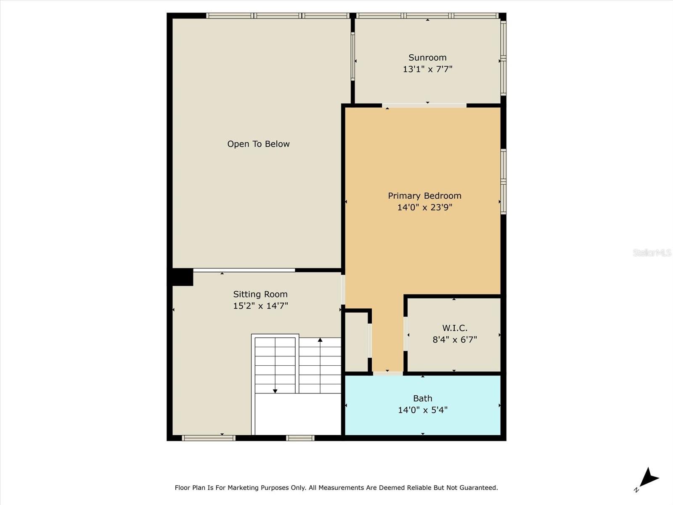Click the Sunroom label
[x=427, y=58]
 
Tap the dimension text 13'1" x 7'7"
[x=427, y=69]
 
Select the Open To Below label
[x=258, y=144]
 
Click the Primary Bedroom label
[x=424, y=196]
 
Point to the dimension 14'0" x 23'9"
[x=424, y=207]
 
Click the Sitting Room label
[x=260, y=294]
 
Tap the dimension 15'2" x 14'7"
[x=260, y=306]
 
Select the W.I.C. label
[x=454, y=328]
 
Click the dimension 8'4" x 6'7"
[x=454, y=339]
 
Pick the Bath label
[x=422, y=398]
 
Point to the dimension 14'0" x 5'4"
[x=422, y=409]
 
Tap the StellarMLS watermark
[x=652, y=252]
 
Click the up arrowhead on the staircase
[x=320, y=340]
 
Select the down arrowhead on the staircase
[x=275, y=391]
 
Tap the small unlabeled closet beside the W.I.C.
[x=356, y=342]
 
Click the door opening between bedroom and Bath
[x=387, y=373]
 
